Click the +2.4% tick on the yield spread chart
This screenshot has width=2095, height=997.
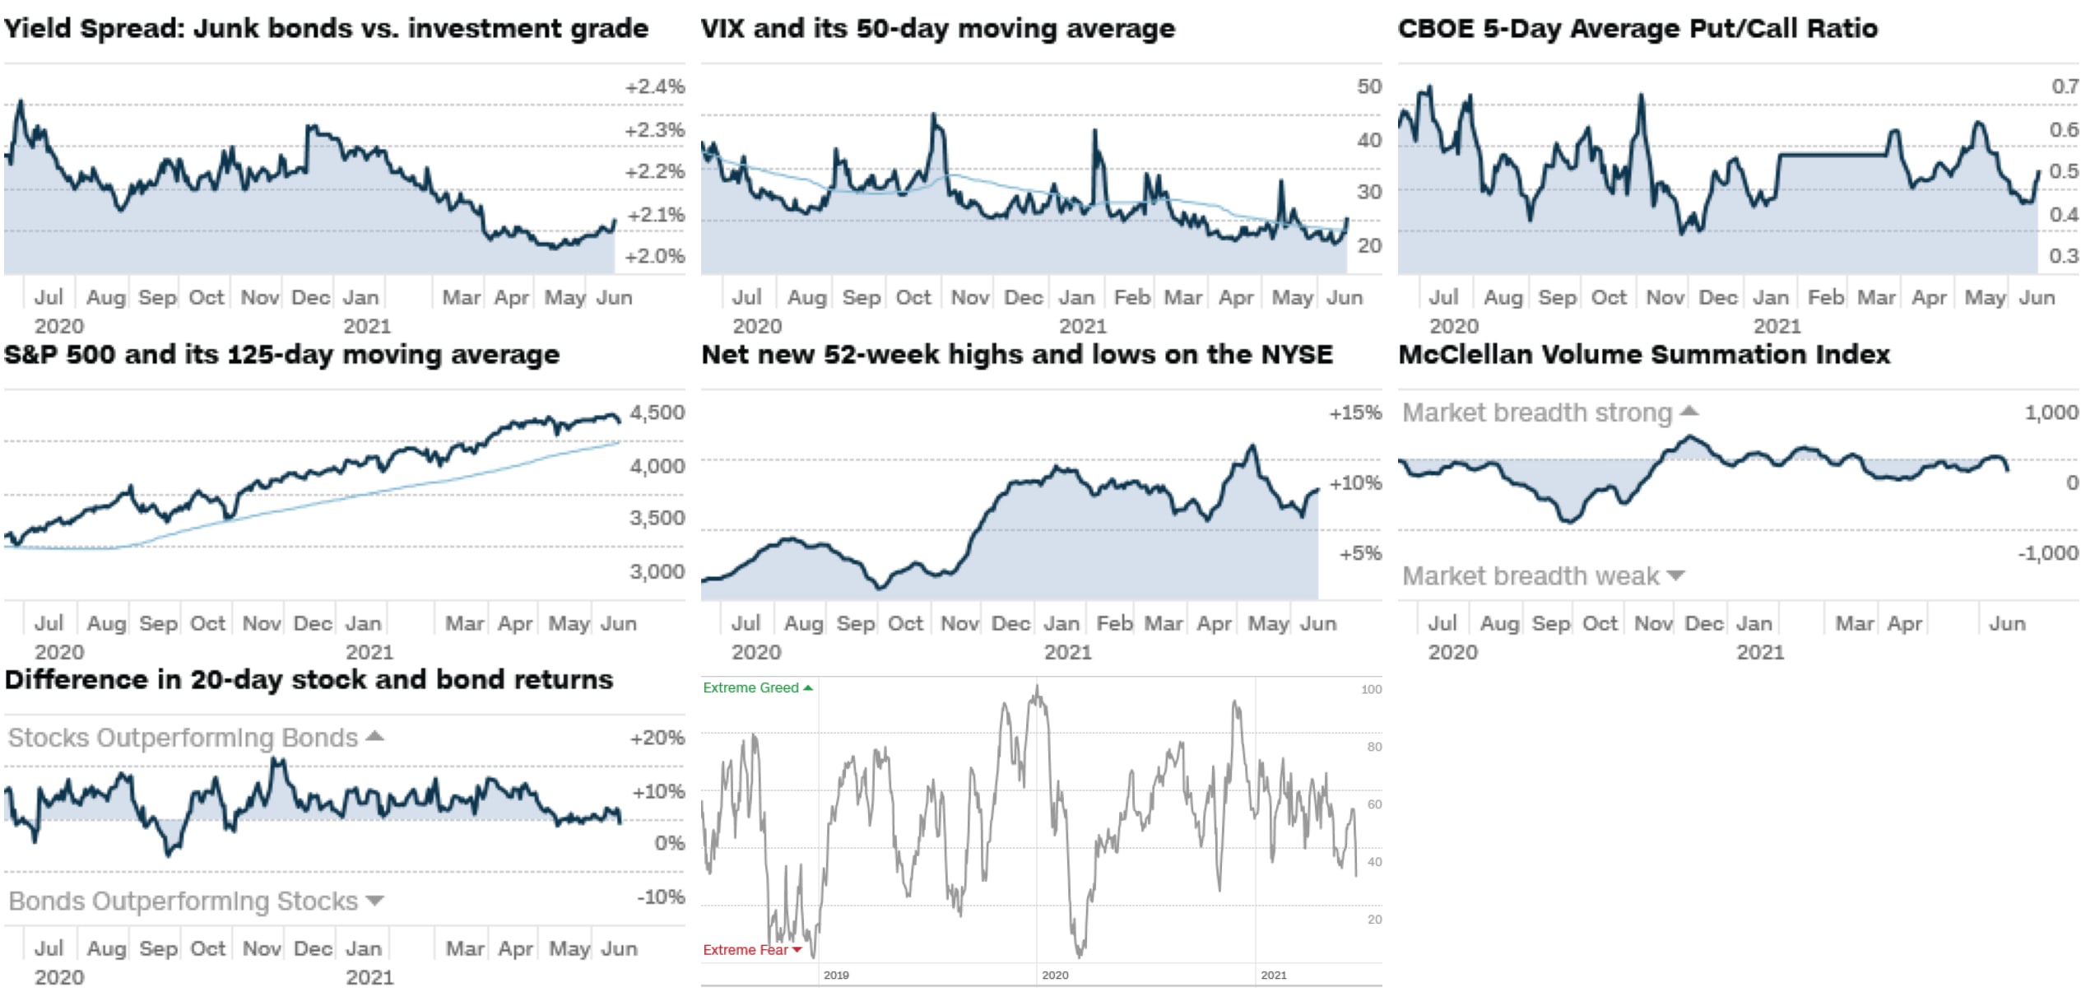click(654, 86)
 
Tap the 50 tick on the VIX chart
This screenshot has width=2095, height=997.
click(1368, 86)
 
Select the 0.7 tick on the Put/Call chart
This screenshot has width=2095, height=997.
click(2064, 86)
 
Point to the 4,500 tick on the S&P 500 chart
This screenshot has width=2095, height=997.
click(657, 412)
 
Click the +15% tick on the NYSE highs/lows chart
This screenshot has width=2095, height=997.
click(1354, 412)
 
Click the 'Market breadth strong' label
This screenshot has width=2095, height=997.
click(1536, 412)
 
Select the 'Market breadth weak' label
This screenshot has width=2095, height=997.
click(1530, 576)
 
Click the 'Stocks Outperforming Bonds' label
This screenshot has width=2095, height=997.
click(183, 738)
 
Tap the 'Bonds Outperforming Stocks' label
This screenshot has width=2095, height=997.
click(183, 901)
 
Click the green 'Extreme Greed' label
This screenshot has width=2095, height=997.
click(750, 687)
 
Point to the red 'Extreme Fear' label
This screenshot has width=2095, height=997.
click(745, 950)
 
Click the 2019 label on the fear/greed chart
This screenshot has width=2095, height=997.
click(836, 976)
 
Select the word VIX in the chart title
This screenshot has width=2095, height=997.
click(723, 29)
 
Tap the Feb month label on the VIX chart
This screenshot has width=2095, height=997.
click(1131, 297)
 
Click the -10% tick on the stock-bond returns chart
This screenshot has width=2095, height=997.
click(661, 897)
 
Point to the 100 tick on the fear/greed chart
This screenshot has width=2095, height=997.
click(1371, 690)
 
